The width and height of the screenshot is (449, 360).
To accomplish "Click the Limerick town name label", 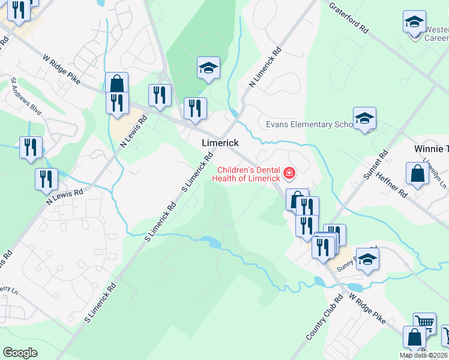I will point(220,143).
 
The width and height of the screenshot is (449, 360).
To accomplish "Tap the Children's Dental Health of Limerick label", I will point(249,174).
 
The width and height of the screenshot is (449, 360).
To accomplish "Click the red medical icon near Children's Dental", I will point(289,174).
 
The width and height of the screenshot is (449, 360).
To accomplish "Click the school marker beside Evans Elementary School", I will point(364,118).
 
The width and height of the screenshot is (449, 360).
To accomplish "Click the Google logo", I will point(20,353).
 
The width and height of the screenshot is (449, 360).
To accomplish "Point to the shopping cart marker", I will point(424,323).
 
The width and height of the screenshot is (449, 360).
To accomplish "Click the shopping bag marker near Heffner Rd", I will point(417,173).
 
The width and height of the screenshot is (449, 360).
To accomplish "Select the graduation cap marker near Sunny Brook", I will point(367,259).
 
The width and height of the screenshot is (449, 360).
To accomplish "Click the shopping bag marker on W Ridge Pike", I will point(116,84).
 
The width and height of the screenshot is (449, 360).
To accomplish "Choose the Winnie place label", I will point(431,148).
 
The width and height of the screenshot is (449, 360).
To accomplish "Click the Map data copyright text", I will point(424,355).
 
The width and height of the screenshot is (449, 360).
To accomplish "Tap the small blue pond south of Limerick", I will point(211,242).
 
